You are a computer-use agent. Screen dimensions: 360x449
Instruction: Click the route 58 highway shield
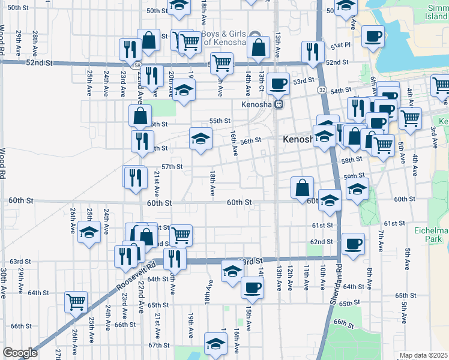coord(138,64)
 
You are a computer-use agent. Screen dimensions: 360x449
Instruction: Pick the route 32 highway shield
coord(322,89)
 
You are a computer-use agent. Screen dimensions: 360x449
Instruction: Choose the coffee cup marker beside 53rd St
coord(278,83)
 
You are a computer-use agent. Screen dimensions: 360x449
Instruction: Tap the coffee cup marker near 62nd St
coord(353,244)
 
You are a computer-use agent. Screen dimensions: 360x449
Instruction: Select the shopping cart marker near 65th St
coord(76,301)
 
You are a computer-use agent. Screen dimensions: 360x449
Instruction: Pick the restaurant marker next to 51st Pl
coord(312,52)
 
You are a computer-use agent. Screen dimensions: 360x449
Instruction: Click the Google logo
coord(20,353)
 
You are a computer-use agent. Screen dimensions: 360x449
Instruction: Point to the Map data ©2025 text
coord(423,355)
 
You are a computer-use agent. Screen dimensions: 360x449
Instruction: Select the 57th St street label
coord(172,167)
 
